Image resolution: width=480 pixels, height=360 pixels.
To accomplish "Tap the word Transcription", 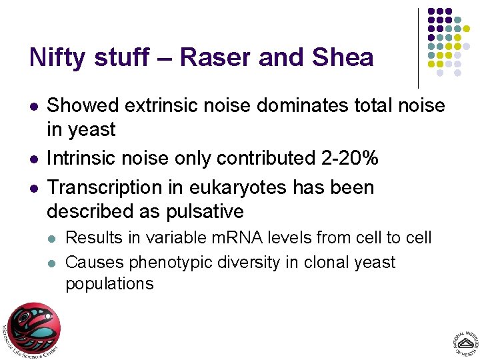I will (106, 187).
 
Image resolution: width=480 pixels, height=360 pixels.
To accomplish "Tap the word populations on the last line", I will (109, 283).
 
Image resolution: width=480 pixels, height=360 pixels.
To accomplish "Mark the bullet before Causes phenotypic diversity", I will (53, 263).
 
